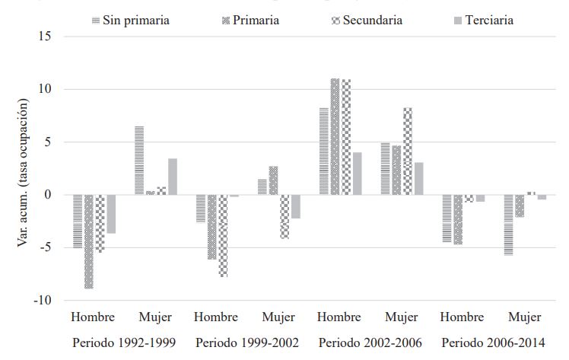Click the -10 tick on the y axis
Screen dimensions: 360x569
(x=43, y=301)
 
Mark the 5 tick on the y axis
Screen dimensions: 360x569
(x=49, y=142)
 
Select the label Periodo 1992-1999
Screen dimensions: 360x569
(x=124, y=342)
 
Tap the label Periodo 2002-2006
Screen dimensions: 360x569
(x=370, y=342)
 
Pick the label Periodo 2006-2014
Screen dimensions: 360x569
(x=493, y=342)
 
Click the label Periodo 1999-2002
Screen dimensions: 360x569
(x=247, y=342)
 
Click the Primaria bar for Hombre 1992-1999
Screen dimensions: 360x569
(x=88, y=241)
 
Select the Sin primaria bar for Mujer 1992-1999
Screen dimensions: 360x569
(x=139, y=160)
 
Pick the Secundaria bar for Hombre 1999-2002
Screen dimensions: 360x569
(x=224, y=235)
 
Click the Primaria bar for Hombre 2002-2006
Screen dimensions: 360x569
(x=335, y=137)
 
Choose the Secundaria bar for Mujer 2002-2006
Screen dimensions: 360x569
(x=408, y=151)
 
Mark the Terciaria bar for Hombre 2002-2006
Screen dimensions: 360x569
(x=358, y=174)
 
